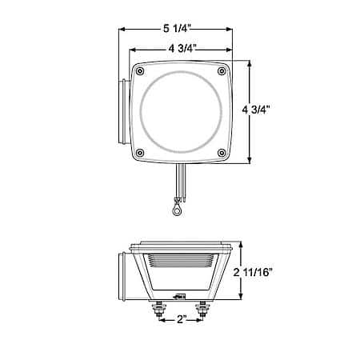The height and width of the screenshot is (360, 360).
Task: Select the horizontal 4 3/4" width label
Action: point(182,49)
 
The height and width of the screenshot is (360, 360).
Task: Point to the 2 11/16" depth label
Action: point(253,272)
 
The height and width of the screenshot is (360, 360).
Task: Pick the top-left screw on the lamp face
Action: point(140,71)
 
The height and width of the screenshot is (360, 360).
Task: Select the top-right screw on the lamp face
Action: point(222,71)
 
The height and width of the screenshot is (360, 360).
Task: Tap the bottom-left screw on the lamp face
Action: point(140,153)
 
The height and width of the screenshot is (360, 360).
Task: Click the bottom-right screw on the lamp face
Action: point(222,153)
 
